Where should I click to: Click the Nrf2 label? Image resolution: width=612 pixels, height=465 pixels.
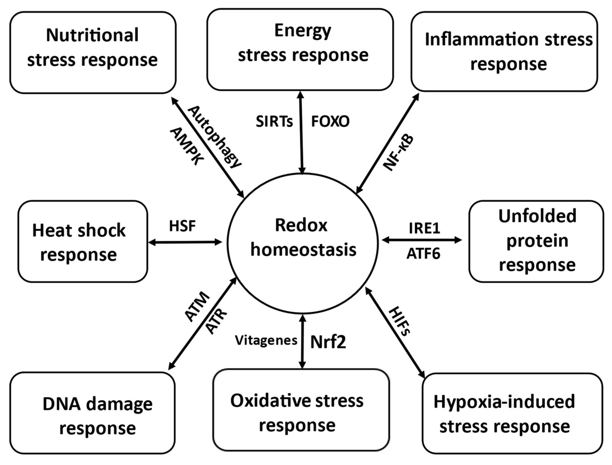pyautogui.click(x=328, y=342)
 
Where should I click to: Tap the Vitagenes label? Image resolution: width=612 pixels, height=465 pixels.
pyautogui.click(x=266, y=341)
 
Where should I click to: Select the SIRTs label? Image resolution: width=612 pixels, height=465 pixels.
pyautogui.click(x=274, y=121)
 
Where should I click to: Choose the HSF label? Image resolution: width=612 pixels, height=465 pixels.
pyautogui.click(x=182, y=226)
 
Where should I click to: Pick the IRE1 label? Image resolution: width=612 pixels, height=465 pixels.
pyautogui.click(x=424, y=228)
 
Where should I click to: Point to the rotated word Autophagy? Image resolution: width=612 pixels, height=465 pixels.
pyautogui.click(x=215, y=137)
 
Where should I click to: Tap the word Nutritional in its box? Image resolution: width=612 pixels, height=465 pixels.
pyautogui.click(x=92, y=35)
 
